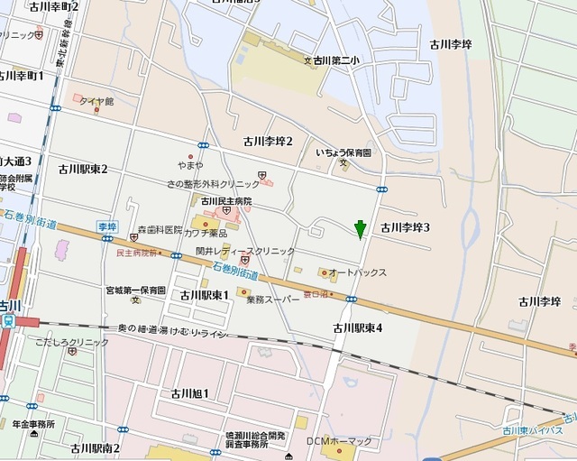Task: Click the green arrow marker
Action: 360,229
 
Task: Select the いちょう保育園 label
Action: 349,154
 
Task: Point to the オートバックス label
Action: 357,272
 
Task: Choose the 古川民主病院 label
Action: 225,201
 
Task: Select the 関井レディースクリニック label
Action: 245,252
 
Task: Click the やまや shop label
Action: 191,166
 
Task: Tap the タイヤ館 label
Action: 96,101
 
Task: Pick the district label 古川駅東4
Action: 358,327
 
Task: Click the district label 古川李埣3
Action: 405,227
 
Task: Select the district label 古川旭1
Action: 184,393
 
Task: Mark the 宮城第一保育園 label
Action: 134,290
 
